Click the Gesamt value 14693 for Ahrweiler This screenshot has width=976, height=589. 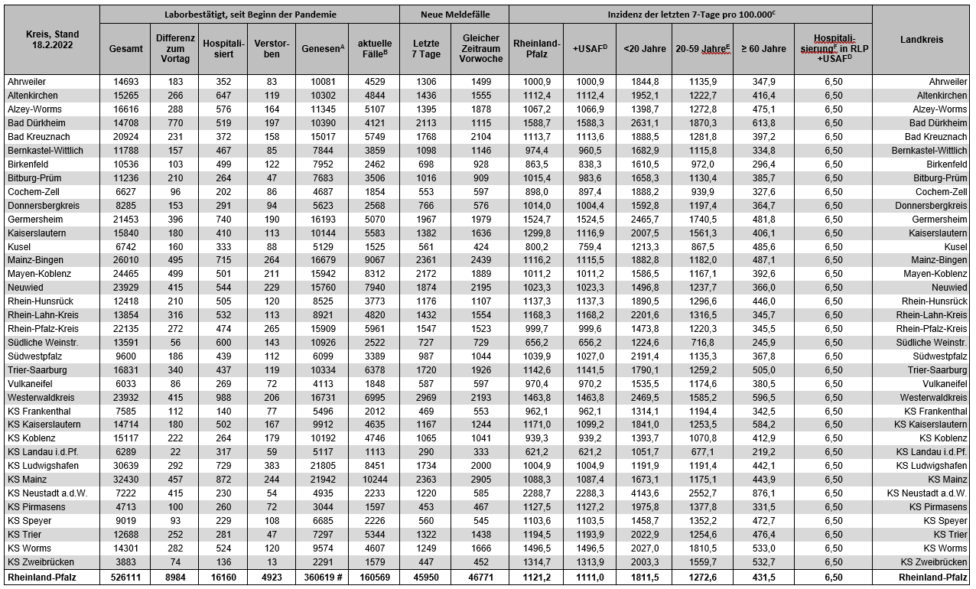(125, 82)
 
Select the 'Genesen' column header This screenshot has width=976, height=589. (320, 48)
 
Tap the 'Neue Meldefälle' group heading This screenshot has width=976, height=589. (454, 15)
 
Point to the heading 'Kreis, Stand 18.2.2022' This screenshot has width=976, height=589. (50, 41)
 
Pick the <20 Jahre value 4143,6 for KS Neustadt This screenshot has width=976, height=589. (645, 493)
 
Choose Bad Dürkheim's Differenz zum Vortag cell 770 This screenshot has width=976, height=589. (174, 123)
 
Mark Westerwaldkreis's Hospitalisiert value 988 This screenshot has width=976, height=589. (223, 398)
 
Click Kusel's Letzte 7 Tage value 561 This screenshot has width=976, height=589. (426, 246)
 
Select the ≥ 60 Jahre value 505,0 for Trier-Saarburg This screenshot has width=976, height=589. (763, 370)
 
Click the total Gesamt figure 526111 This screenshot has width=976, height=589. (125, 577)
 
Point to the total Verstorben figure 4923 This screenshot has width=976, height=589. (272, 577)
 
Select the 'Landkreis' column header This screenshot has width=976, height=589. (921, 40)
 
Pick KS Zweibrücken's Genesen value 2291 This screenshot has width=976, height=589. (320, 562)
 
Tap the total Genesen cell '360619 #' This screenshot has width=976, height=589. (320, 577)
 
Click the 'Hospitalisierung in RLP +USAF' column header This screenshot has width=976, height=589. (833, 48)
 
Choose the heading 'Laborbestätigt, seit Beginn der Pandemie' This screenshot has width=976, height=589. (249, 15)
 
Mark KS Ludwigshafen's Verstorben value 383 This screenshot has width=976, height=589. (272, 466)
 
